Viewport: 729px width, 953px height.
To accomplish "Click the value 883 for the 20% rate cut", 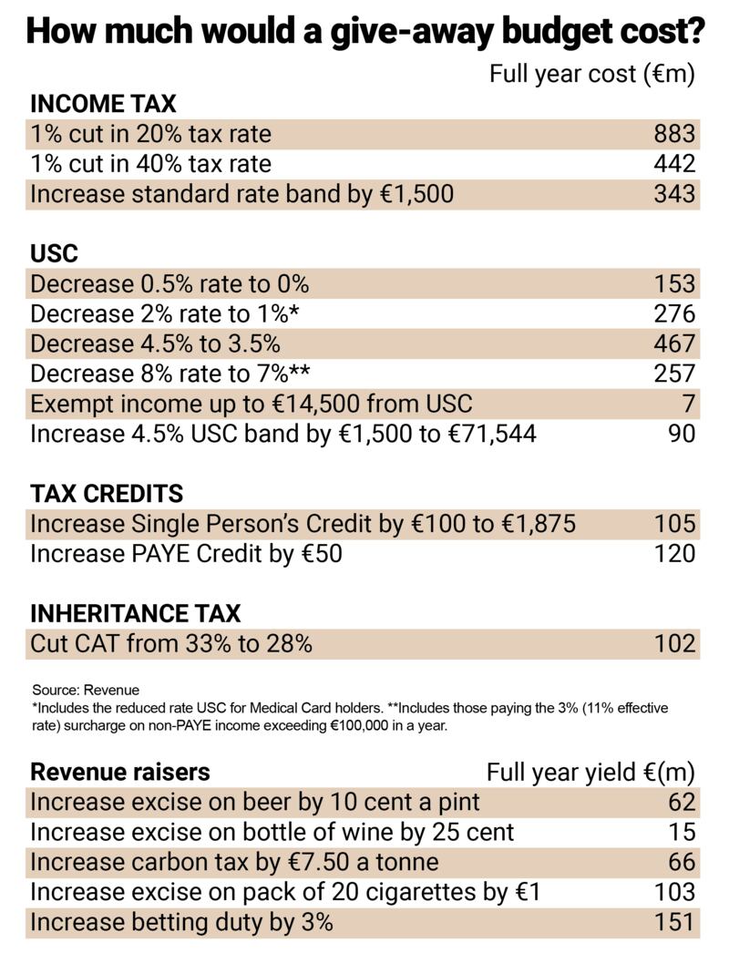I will click(674, 134).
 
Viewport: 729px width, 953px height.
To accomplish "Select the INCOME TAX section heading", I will click(103, 104).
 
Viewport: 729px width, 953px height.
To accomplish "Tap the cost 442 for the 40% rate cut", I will click(674, 164).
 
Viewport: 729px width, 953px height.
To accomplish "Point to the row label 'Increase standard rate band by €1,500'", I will click(241, 194).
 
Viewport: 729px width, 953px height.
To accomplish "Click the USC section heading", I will click(55, 253).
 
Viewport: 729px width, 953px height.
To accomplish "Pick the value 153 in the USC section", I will click(674, 283).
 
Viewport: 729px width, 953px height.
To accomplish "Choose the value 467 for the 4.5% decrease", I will click(674, 343).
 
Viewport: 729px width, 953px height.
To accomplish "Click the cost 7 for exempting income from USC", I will click(688, 403).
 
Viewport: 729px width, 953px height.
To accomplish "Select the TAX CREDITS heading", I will click(107, 493).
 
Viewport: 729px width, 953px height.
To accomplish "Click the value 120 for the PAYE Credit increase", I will click(674, 553).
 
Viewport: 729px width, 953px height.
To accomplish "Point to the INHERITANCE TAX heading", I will click(136, 613).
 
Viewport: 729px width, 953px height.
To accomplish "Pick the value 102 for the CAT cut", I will click(674, 643).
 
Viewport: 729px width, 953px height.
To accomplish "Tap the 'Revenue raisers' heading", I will click(120, 773).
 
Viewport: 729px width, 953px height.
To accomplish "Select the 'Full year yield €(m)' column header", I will click(590, 773).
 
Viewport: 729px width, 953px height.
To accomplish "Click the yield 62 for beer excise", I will click(681, 803).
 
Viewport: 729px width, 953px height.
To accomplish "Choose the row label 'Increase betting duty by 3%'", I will click(181, 922).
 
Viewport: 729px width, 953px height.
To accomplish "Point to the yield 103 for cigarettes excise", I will click(674, 892).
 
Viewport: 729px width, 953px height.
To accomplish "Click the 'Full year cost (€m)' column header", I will click(591, 74).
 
